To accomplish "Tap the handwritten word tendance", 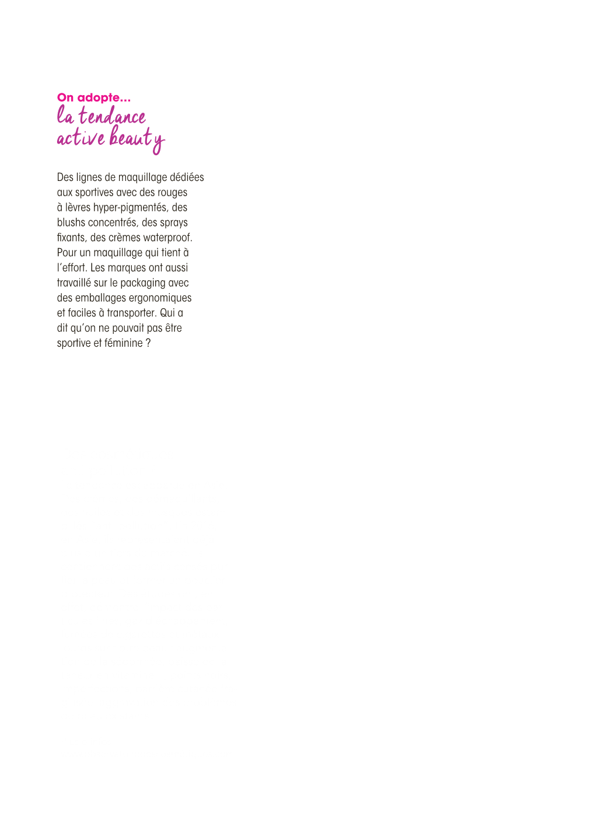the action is coord(112,115).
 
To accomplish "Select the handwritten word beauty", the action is coord(137,139).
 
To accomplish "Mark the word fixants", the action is coord(72,238).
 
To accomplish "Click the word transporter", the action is coord(132,313).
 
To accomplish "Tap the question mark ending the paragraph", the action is coord(148,343).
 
